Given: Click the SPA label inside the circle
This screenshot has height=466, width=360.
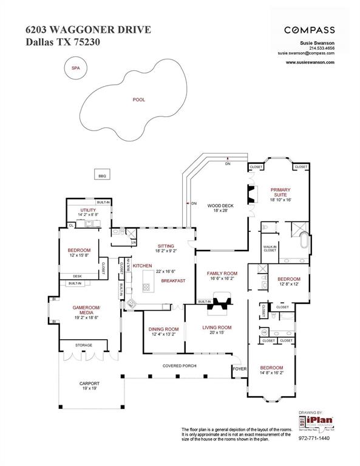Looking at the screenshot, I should pyautogui.click(x=76, y=68).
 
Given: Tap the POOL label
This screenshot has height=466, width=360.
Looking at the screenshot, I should pyautogui.click(x=140, y=99).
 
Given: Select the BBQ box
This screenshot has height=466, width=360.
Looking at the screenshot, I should pyautogui.click(x=102, y=176).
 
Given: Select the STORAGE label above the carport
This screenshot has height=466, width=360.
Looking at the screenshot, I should pyautogui.click(x=84, y=345).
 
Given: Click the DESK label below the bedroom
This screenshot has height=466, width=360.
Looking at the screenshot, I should pyautogui.click(x=77, y=276).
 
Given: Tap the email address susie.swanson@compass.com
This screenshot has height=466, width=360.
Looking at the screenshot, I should pyautogui.click(x=306, y=53).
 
